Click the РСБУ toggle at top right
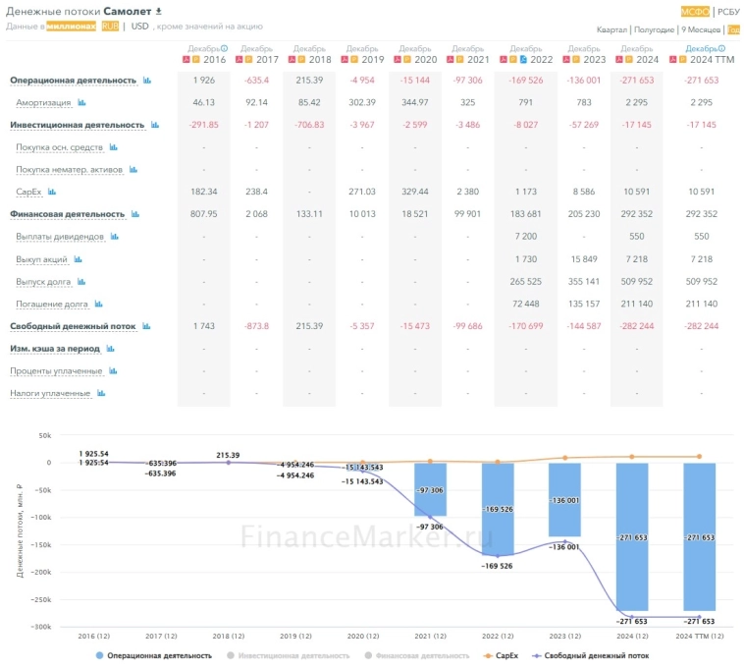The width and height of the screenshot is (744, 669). pos(728,12)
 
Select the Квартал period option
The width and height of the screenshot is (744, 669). pos(611,29)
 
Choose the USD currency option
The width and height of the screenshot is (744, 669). pos(140,26)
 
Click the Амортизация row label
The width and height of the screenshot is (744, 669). pos(43,102)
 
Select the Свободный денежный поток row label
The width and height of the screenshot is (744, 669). pos(73,326)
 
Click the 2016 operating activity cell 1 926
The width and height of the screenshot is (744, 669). pos(204,80)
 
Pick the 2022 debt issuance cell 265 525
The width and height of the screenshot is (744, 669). pos(526,281)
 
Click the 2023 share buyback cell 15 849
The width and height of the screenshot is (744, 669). pos(583,258)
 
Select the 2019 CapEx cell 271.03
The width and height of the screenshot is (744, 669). pos(363,192)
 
